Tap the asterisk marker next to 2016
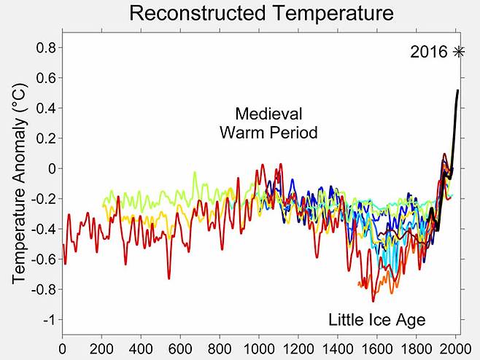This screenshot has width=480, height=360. pos(459,52)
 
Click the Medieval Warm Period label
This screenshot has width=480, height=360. pos(268,123)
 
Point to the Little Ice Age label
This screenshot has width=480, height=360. pos(376,320)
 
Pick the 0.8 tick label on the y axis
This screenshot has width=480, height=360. pos(46,47)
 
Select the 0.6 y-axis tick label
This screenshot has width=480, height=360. pos(46,78)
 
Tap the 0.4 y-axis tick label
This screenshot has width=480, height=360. pos(46,108)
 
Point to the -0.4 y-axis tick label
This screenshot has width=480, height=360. pos(44,229)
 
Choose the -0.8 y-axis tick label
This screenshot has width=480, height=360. pos(44,289)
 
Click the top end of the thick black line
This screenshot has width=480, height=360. pos(458,90)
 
